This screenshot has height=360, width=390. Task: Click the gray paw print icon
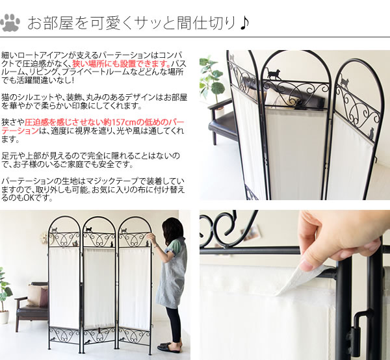pos(10,23)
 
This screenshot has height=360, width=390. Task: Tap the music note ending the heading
pos(244,23)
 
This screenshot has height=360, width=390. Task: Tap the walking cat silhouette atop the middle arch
pos(274,74)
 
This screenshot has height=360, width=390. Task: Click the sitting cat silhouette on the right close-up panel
pos(371,133)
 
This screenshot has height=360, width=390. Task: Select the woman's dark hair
pos(172,229)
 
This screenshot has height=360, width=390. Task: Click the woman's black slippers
pos(170,347)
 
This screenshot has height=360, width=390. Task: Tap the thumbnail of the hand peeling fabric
pos(294,285)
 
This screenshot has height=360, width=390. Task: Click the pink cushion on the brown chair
pos(44,297)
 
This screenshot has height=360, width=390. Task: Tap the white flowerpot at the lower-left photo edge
pos(5,317)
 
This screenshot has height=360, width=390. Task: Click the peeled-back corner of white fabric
pos(307,279)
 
